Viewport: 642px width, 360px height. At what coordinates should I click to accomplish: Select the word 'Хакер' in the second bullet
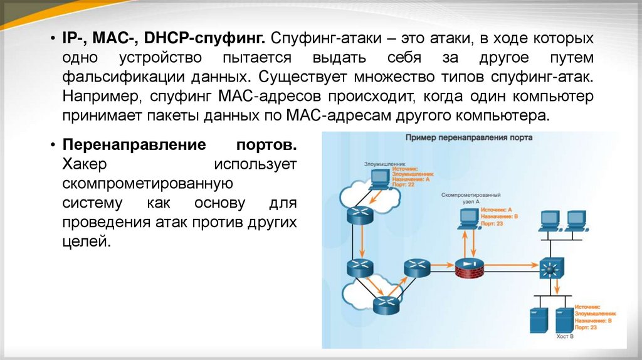[x=86, y=164]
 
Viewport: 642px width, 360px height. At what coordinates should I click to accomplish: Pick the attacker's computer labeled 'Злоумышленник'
[x=378, y=180]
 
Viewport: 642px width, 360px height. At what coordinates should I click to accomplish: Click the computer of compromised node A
[x=468, y=218]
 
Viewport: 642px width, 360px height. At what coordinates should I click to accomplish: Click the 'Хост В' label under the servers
[x=564, y=337]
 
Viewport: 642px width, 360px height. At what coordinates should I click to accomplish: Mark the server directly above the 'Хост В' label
[x=564, y=319]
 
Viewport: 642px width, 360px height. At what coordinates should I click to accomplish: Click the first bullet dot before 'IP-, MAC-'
[x=53, y=39]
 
